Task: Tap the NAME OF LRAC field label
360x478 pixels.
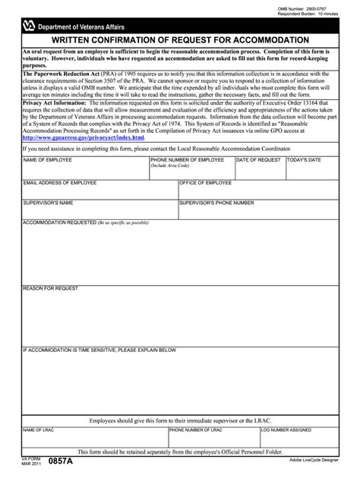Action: (x=39, y=429)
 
